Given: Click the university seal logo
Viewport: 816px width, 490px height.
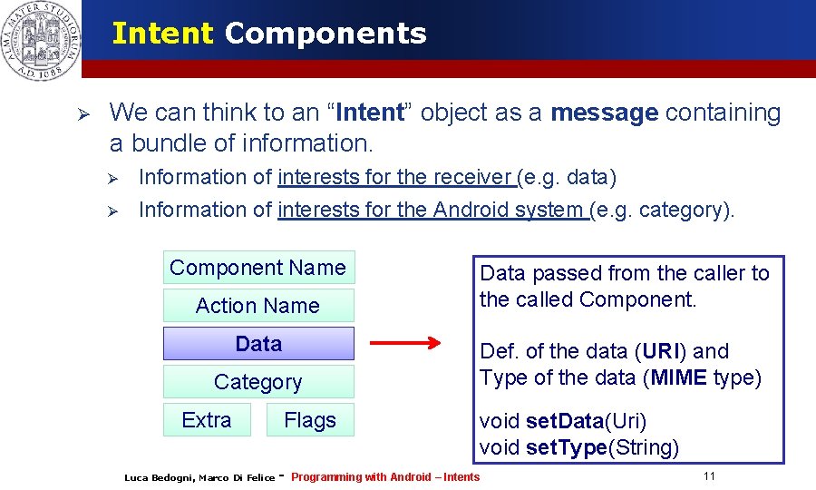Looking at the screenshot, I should pos(40,39).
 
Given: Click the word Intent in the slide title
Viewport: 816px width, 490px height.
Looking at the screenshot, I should pos(162,34).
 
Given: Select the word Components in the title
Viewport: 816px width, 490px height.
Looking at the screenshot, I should pos(325,34).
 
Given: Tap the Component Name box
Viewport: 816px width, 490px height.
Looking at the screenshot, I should pos(258,268).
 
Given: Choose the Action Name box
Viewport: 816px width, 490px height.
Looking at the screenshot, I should pos(258,306).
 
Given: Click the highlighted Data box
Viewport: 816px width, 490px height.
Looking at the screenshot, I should pos(258,344).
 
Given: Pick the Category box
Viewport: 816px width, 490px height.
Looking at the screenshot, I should pos(258,382).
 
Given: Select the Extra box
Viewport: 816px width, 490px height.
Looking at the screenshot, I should pos(207,420).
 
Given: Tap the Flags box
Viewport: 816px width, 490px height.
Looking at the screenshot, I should pos(310,420).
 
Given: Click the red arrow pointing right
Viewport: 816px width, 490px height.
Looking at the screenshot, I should pos(405,344).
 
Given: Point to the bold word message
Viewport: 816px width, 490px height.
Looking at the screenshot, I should pos(604,113).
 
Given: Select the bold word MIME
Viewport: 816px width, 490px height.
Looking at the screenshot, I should pos(677,377).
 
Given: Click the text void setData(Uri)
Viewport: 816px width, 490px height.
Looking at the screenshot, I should pos(563,421).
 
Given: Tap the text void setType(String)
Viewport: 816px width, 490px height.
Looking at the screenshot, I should pos(579,447).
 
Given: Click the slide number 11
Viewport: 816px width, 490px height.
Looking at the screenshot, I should pos(709,476).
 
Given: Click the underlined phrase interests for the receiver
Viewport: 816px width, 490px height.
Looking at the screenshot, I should pos(396,177).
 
